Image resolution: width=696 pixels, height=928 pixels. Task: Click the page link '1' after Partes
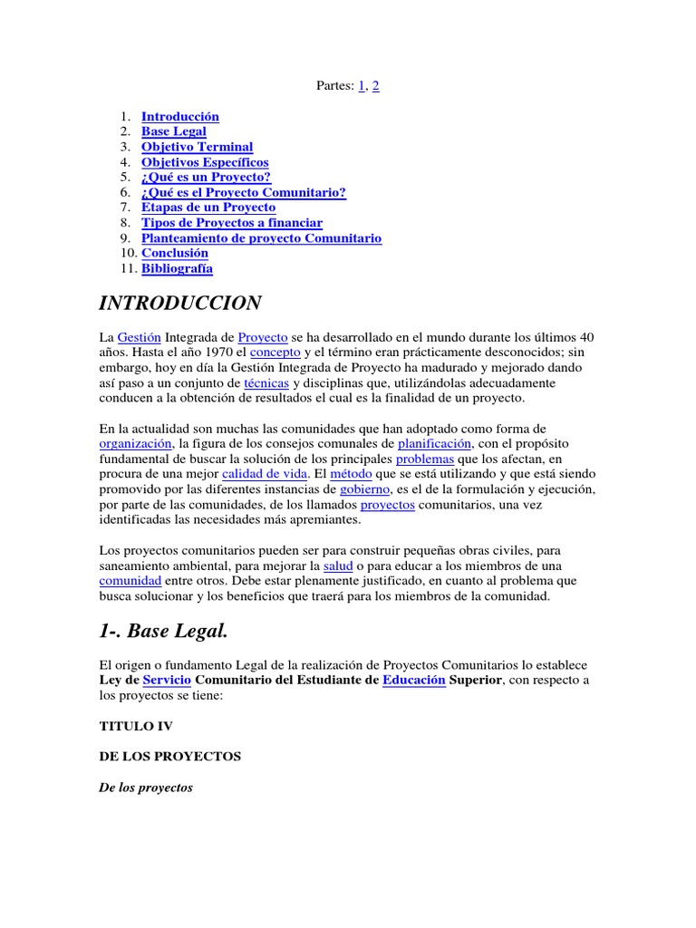click(362, 85)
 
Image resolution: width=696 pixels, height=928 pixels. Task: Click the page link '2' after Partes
click(375, 85)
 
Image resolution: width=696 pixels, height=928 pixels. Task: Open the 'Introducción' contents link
click(180, 117)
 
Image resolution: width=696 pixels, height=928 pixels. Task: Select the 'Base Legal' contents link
click(174, 132)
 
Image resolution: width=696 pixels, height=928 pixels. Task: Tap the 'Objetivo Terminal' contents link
click(197, 147)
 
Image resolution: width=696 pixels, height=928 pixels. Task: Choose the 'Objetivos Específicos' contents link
click(205, 162)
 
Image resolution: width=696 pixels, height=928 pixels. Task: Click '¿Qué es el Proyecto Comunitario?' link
click(244, 193)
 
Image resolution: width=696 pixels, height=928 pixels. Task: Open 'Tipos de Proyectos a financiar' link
click(232, 223)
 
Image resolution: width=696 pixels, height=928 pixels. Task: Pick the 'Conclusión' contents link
click(175, 253)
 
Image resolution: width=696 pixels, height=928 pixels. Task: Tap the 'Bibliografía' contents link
click(178, 268)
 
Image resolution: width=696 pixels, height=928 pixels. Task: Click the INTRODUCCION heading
click(180, 303)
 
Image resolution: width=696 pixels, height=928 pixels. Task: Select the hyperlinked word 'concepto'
click(275, 353)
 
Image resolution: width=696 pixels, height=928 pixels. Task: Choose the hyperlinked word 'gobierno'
click(365, 489)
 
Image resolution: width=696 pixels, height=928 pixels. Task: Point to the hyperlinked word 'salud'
click(338, 565)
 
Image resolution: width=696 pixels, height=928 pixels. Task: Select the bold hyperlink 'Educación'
click(414, 680)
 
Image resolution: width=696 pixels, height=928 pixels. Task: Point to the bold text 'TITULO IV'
click(135, 726)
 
